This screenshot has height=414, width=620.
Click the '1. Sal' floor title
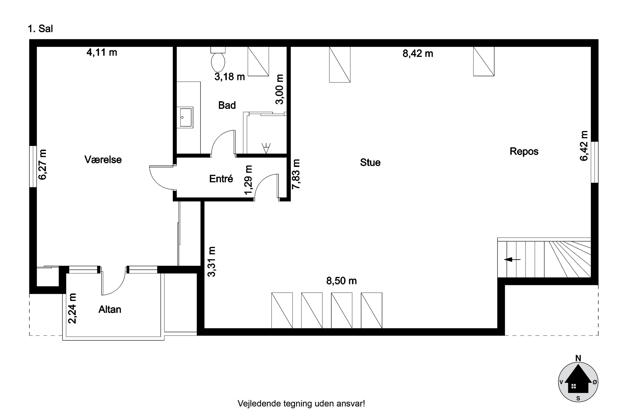[40, 29]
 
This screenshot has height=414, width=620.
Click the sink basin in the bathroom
[186, 117]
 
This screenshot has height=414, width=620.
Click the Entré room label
[221, 179]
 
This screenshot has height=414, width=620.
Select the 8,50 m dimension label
[341, 281]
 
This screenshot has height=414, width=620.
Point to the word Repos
[524, 151]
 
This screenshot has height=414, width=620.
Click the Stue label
[370, 162]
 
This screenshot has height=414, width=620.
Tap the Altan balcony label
[110, 309]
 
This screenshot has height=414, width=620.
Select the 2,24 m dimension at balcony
[72, 308]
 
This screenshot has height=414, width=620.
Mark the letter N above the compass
[578, 358]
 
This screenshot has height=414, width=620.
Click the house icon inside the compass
[578, 383]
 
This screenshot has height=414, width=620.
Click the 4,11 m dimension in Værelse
[101, 52]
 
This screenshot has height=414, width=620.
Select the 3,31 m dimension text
[212, 261]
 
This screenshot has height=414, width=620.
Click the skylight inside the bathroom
[258, 61]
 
